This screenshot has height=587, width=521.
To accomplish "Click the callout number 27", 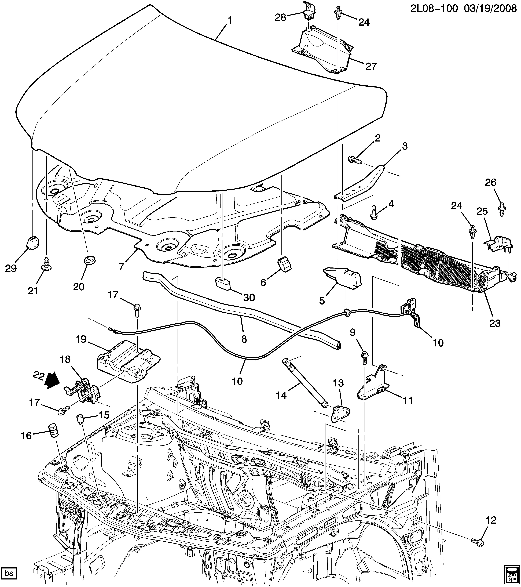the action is (x=371, y=66).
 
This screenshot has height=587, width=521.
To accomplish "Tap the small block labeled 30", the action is (x=223, y=284).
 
